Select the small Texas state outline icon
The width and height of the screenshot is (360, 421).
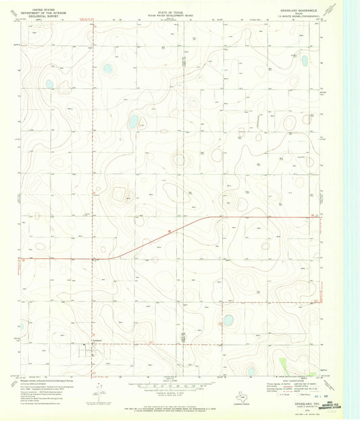(x=241, y=395)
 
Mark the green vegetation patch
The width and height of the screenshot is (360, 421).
(x=283, y=365)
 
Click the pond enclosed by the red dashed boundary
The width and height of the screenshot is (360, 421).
(x=228, y=319)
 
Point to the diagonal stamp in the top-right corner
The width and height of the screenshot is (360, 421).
(x=330, y=9)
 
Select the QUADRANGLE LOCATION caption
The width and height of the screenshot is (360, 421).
(x=241, y=403)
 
